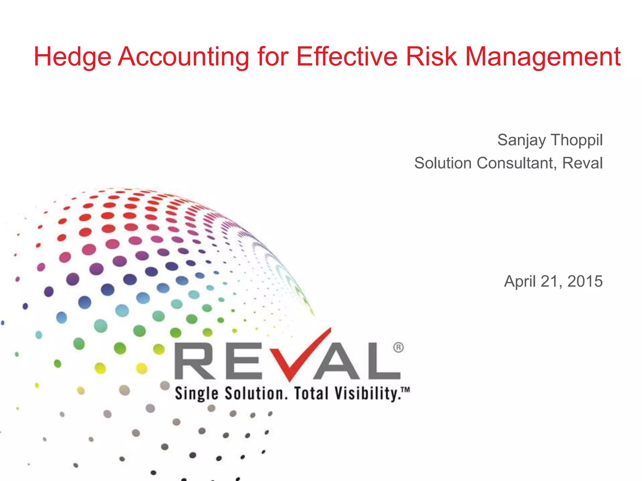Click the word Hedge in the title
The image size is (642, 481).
[x=72, y=57]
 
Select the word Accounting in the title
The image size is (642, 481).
[x=183, y=57]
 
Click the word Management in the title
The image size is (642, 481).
[x=543, y=57]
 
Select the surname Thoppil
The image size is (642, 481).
[x=576, y=140]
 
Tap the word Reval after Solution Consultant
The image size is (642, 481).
[x=582, y=163]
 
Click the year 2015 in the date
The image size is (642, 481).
[x=585, y=281]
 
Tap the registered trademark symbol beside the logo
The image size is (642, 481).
[x=398, y=348]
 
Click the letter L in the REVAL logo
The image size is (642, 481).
[x=383, y=361]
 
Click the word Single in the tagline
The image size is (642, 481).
[x=197, y=394]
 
